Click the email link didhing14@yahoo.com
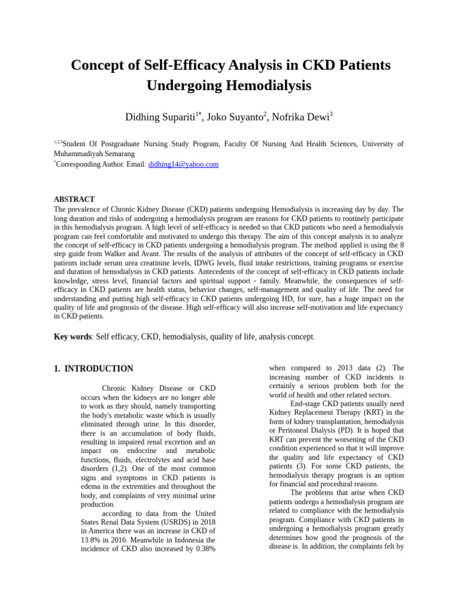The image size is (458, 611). click(x=183, y=164)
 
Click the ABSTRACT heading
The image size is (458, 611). click(x=74, y=199)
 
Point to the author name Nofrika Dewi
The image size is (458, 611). click(x=300, y=118)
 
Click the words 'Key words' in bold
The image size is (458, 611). click(x=72, y=337)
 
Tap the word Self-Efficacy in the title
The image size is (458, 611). click(x=168, y=64)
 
